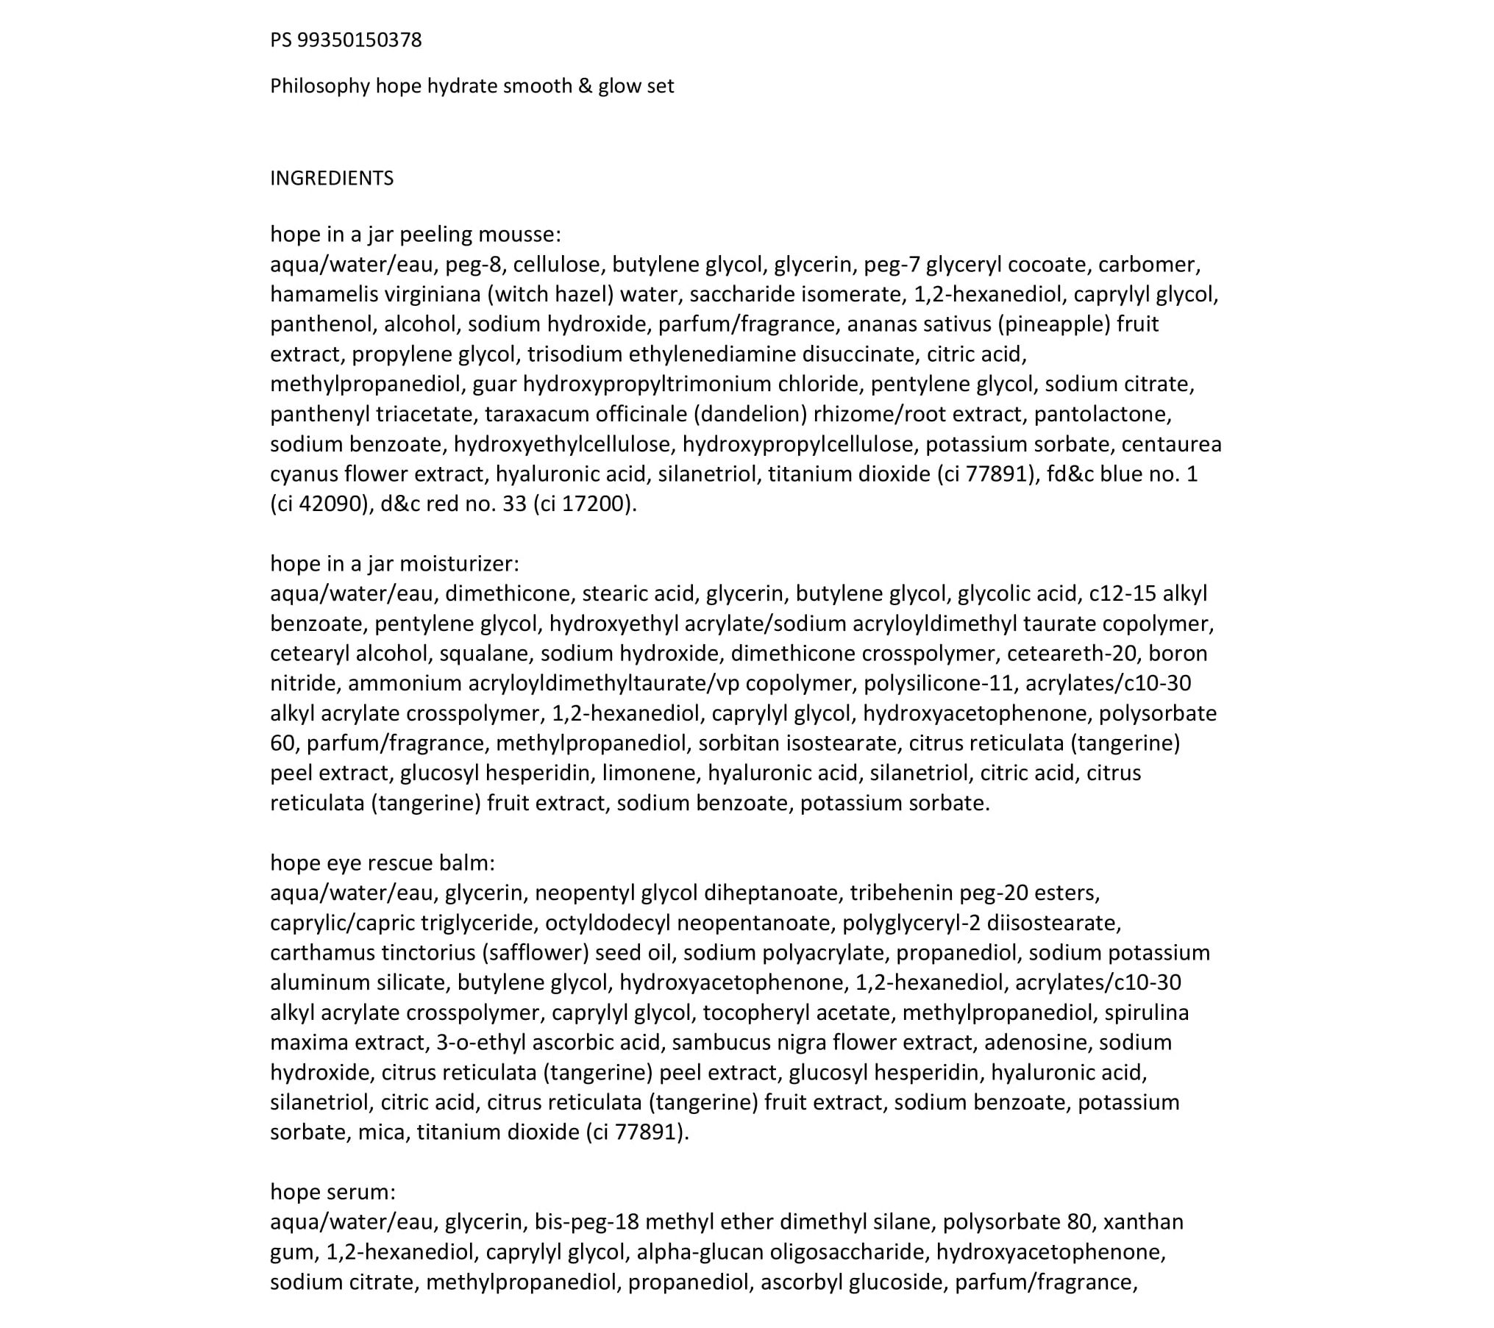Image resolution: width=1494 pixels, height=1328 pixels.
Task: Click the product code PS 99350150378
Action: point(346,40)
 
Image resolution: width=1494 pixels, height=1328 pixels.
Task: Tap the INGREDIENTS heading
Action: point(332,178)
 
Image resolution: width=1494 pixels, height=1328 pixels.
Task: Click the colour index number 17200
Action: point(594,504)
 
